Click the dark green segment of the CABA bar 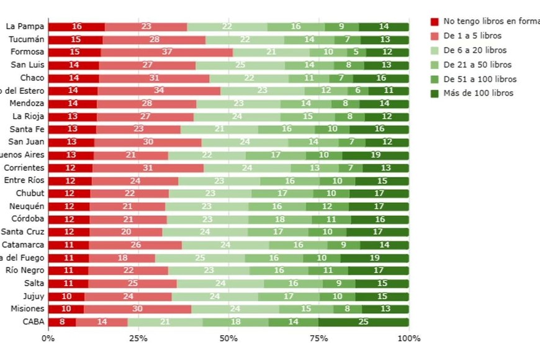[x=364, y=322]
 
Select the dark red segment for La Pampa [x=76, y=27]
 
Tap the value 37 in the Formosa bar [x=167, y=52]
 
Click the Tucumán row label [x=26, y=39]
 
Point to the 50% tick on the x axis [x=229, y=338]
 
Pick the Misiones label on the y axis [x=27, y=308]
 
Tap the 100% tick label [x=408, y=338]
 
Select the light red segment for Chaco [x=154, y=78]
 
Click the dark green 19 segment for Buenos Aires [x=376, y=155]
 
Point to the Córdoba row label [x=27, y=218]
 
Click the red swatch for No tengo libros [x=434, y=22]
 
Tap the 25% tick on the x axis [x=138, y=338]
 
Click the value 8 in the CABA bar [x=62, y=322]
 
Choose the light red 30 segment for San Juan [x=148, y=142]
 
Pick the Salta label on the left [x=32, y=283]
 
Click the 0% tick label [x=48, y=338]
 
